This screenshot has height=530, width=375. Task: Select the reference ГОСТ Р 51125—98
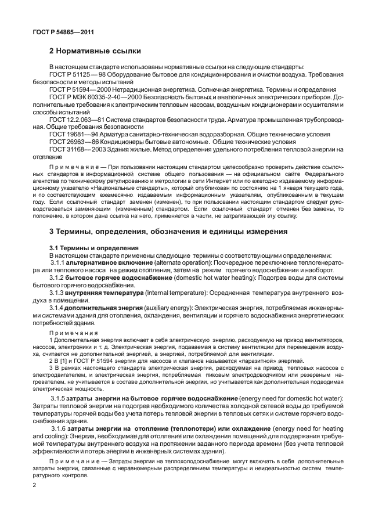[76, 75]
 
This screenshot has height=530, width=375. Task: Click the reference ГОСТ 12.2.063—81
[78, 118]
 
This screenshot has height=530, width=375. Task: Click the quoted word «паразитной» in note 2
[248, 360]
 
